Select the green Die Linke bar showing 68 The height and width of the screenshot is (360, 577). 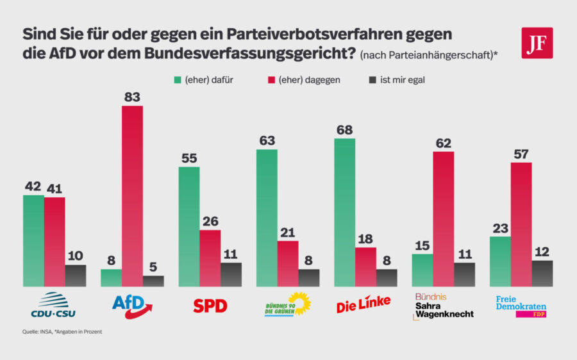coord(345,212)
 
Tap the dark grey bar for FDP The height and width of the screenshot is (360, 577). coord(542,273)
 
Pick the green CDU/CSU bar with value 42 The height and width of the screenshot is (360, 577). coord(33,240)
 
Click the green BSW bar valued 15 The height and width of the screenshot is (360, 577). coord(422,270)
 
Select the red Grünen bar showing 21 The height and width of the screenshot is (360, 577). coord(288,263)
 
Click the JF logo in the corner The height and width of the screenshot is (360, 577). coord(537,43)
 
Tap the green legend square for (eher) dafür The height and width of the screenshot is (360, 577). coord(178,80)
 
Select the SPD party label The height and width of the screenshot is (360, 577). coord(210,306)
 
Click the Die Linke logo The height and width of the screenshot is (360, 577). coord(363,305)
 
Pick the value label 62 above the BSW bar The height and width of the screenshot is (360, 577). coord(443,143)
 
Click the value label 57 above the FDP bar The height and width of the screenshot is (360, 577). coord(521,154)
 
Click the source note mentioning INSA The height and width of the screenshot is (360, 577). coord(61,332)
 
